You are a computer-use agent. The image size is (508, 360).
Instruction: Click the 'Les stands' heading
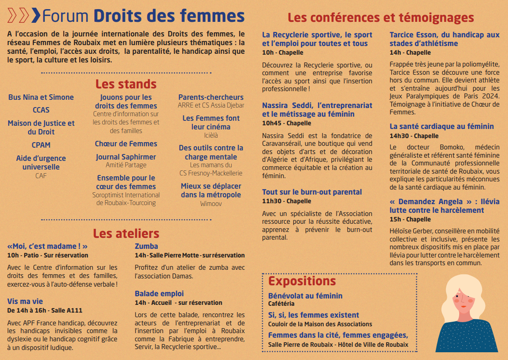coord(126,84)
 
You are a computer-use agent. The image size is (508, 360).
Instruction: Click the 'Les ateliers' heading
coord(126,233)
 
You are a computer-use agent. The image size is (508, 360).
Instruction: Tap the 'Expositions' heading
coord(302,281)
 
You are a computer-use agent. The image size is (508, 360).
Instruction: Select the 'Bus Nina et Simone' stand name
coord(41,97)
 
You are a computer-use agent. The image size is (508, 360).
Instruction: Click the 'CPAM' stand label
coord(41,145)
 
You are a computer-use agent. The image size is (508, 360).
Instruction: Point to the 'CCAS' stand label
coord(41,110)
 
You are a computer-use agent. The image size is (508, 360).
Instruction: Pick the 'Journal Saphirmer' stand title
coord(126,157)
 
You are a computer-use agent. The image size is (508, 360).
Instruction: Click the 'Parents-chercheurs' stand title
coord(211,97)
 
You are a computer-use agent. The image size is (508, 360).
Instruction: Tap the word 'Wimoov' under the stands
coord(211,204)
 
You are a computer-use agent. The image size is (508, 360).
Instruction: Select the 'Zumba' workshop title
coord(146,247)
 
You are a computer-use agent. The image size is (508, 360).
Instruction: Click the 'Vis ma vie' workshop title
coord(25,301)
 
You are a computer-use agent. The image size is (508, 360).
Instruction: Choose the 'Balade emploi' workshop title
coord(159,293)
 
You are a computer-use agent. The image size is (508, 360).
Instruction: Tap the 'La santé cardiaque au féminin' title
coord(441,127)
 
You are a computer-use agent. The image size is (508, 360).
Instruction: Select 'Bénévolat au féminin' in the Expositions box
coord(305,296)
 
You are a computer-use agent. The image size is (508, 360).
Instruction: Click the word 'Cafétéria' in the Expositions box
coord(281,303)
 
